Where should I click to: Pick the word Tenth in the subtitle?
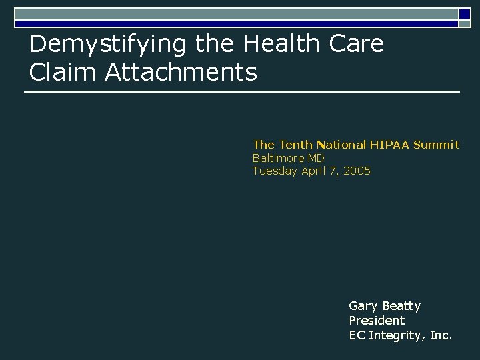(295, 144)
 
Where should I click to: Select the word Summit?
(436, 144)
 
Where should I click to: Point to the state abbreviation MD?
(316, 158)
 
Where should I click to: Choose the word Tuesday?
(275, 171)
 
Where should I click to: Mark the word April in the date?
(314, 171)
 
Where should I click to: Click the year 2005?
(357, 171)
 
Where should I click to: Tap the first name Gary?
(363, 307)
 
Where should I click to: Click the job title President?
(377, 320)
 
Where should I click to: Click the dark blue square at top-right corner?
(465, 13)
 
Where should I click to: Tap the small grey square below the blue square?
(464, 24)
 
